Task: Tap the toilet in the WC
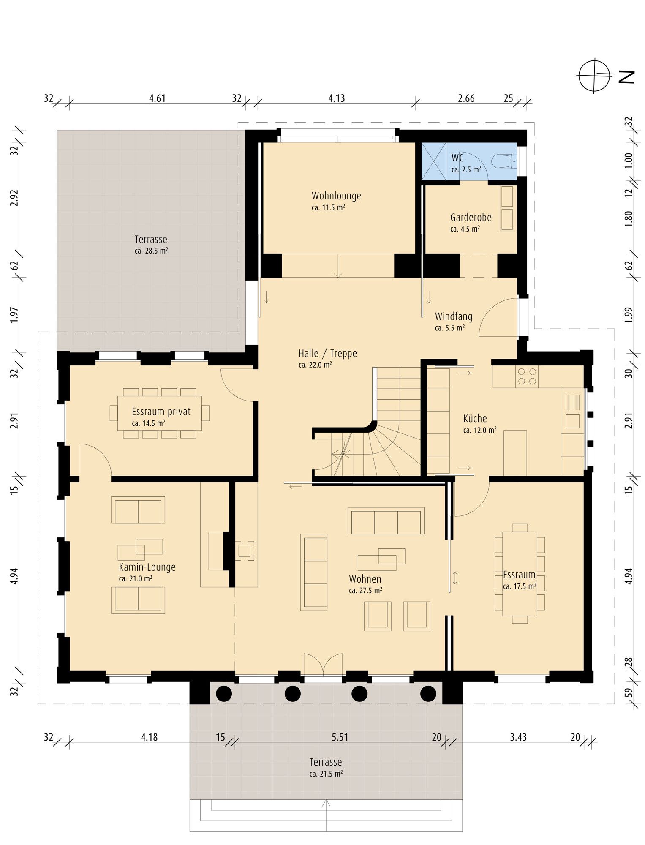(504, 161)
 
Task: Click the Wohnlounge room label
(336, 196)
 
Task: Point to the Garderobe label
(471, 218)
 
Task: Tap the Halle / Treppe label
(328, 353)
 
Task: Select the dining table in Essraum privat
(160, 413)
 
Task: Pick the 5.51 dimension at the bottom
(340, 737)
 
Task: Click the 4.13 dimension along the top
(336, 98)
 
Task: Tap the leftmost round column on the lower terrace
(224, 693)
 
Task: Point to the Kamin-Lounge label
(147, 567)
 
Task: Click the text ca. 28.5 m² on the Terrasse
(151, 251)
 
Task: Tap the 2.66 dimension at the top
(466, 98)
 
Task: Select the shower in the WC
(434, 161)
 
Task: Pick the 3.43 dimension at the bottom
(518, 737)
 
